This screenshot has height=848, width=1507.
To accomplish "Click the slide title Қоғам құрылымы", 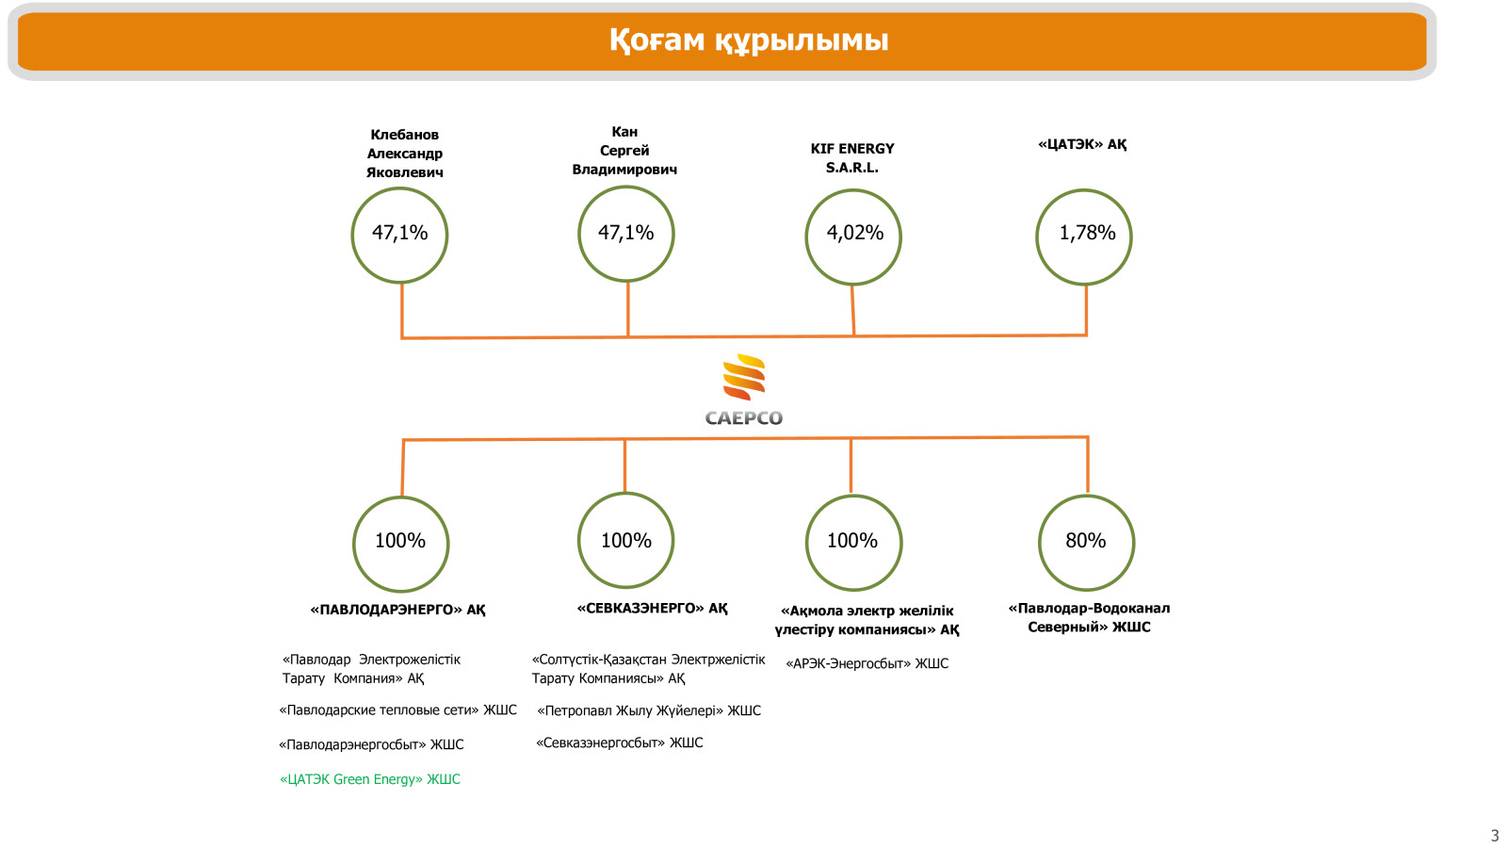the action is pyautogui.click(x=748, y=41).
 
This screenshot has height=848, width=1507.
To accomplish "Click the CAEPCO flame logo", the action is pyautogui.click(x=743, y=390).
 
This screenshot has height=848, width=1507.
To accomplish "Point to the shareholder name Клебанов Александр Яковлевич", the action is pyautogui.click(x=404, y=154).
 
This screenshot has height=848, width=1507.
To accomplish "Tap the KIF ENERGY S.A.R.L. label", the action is pyautogui.click(x=852, y=158).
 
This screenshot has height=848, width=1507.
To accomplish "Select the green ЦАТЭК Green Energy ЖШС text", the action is pyautogui.click(x=370, y=779).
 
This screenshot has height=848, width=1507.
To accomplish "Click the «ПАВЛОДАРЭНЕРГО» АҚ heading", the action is pyautogui.click(x=397, y=610).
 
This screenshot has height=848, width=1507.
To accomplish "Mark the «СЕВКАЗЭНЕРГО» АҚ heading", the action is pyautogui.click(x=652, y=609).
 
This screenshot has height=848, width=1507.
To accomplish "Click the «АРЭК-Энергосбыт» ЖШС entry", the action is pyautogui.click(x=867, y=663).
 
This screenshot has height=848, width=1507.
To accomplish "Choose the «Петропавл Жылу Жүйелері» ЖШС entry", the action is pyautogui.click(x=649, y=710).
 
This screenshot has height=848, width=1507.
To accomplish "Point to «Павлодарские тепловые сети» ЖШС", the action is pyautogui.click(x=397, y=710).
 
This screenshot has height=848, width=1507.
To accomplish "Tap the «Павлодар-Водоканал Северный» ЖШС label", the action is pyautogui.click(x=1089, y=618).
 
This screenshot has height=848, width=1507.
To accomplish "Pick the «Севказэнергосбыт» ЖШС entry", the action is pyautogui.click(x=619, y=743).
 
